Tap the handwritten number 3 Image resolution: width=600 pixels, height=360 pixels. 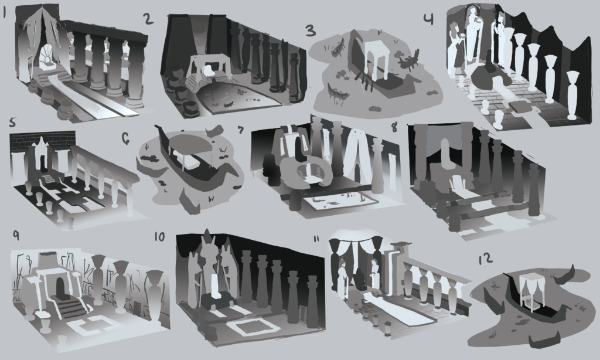coord(311,31)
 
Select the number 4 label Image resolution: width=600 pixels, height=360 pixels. coord(429,19)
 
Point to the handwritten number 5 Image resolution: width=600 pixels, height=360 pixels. coord(13,122)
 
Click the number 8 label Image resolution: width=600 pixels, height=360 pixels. coord(395,128)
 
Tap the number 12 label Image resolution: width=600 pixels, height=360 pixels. coord(486,259)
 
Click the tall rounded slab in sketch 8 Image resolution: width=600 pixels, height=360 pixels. coord(446,154)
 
